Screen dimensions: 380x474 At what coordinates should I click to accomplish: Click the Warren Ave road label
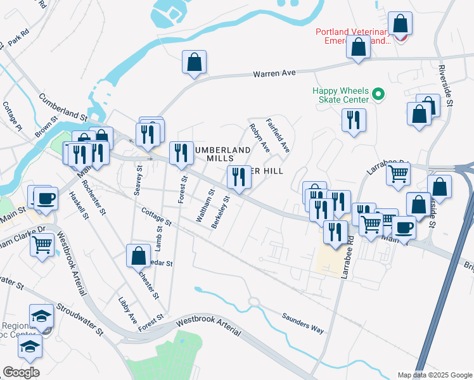point(274,73)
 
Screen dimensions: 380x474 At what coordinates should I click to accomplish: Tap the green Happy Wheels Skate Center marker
point(379,96)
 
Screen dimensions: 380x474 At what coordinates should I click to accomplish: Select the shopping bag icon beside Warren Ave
point(195,63)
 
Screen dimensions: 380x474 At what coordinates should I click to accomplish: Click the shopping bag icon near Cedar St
point(138,256)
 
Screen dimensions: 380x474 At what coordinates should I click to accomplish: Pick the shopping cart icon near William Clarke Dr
point(42,243)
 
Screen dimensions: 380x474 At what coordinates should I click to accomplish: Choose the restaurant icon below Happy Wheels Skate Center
point(354,120)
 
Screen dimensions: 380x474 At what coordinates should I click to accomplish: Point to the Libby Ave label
point(127,308)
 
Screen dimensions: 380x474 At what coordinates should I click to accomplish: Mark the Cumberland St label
point(63,107)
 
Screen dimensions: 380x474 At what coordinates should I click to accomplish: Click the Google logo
point(21,372)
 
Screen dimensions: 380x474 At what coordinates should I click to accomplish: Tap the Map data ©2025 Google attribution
point(434,375)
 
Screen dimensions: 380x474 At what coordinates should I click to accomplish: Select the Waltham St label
point(206,204)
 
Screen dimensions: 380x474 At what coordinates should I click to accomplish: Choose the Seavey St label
point(139,180)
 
